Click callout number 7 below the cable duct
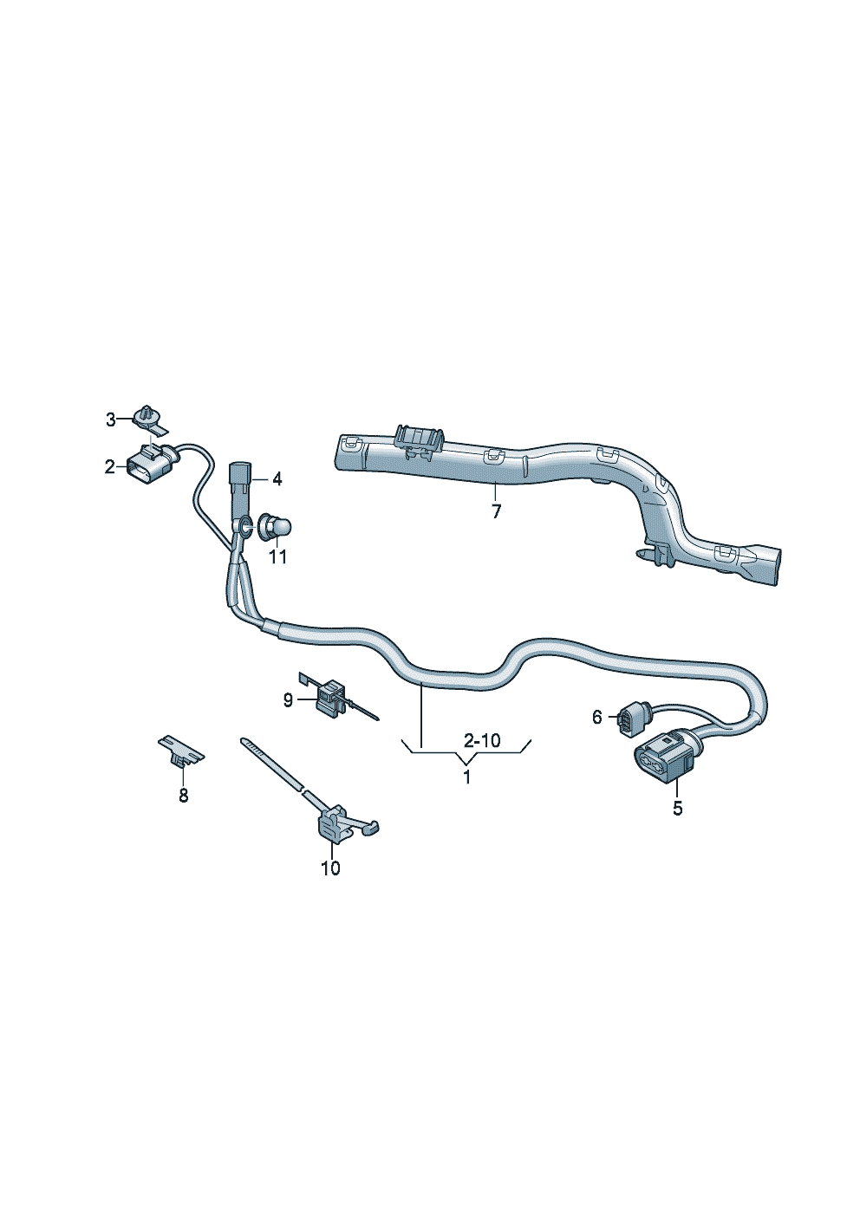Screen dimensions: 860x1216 [496, 511]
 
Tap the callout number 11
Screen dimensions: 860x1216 [278, 557]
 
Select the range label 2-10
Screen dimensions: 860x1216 [482, 740]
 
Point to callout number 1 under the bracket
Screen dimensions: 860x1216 [466, 777]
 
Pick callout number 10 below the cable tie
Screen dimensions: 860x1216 [330, 868]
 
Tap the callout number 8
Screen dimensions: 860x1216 [184, 796]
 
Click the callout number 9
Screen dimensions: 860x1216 [288, 701]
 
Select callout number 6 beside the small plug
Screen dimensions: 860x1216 [597, 718]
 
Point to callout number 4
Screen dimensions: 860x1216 [277, 479]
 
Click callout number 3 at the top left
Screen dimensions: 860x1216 [111, 419]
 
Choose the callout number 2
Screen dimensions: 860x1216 [110, 467]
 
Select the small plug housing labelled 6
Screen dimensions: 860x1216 [629, 720]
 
